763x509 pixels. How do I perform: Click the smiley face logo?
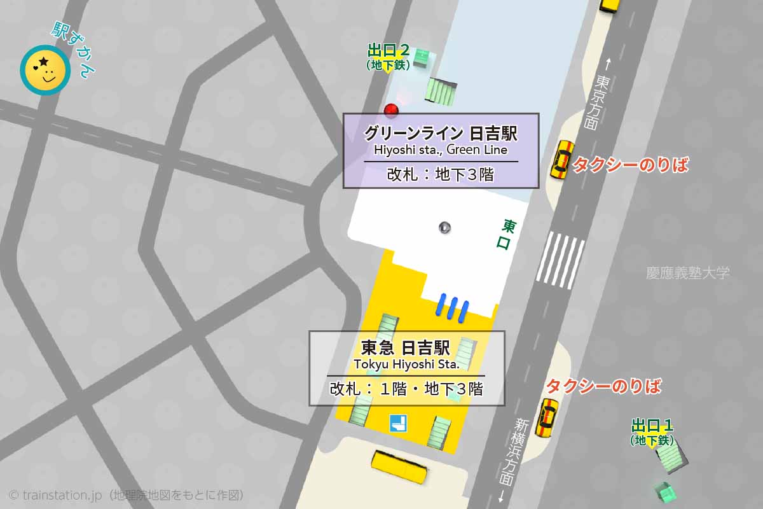click(45, 69)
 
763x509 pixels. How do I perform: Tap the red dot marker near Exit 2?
click(391, 110)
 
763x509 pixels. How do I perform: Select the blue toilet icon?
click(398, 422)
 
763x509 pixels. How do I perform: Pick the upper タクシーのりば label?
click(631, 165)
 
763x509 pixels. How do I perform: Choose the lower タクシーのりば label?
click(603, 386)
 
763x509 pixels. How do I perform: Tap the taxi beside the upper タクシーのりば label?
click(561, 160)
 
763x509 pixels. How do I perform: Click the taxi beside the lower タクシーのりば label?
click(546, 417)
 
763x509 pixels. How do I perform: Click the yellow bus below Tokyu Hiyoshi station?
click(400, 468)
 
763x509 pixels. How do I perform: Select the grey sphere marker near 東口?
click(445, 227)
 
